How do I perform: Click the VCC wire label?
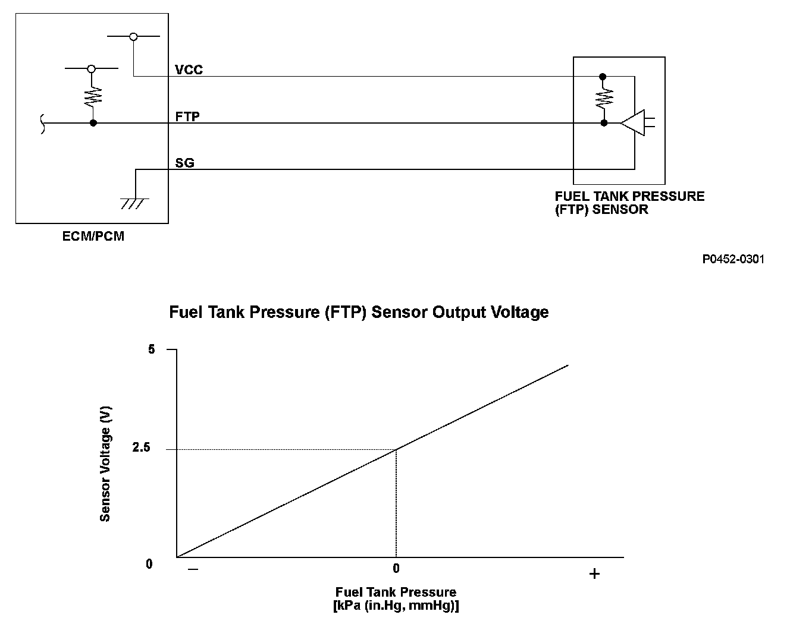(189, 70)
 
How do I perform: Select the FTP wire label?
(187, 116)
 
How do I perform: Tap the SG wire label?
(184, 162)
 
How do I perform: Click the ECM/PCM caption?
(93, 237)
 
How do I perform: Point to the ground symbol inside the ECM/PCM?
(135, 203)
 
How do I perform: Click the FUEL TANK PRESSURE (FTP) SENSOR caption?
(629, 203)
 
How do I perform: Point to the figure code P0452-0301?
(733, 259)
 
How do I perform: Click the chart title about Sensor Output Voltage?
(359, 312)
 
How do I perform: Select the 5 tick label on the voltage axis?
(152, 349)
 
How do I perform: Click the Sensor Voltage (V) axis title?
(105, 464)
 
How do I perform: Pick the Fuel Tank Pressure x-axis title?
(396, 598)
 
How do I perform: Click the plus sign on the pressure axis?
(594, 573)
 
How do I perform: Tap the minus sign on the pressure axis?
(193, 569)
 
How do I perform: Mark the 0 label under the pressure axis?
(396, 569)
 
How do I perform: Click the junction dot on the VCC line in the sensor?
(603, 77)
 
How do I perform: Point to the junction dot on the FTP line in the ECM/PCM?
(93, 123)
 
